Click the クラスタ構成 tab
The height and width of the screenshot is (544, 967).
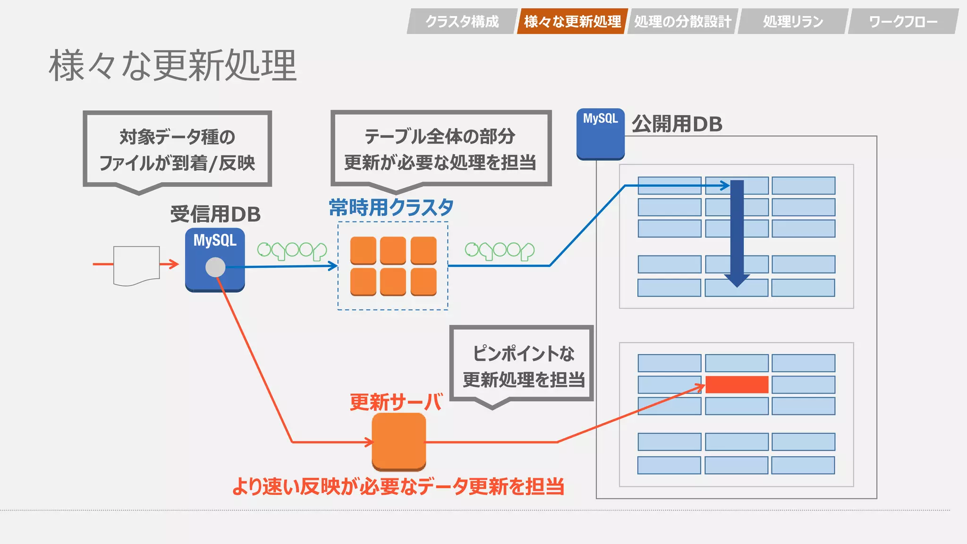(x=462, y=21)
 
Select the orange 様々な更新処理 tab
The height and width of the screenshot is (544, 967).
(x=572, y=21)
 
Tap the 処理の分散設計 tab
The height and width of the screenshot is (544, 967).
(x=682, y=21)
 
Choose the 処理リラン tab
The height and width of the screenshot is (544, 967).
(x=793, y=21)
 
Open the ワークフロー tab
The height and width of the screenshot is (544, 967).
(x=903, y=21)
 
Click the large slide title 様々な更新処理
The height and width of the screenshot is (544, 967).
(x=173, y=66)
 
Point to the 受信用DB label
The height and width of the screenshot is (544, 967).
(x=215, y=214)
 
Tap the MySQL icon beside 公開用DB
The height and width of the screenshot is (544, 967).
(x=600, y=134)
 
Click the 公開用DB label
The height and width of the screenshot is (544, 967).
(x=677, y=124)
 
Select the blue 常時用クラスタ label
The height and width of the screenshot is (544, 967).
(x=391, y=207)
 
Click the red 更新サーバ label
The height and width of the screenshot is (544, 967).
(x=396, y=402)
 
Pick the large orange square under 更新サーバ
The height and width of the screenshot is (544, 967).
(x=399, y=442)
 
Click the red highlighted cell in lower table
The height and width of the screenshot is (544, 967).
(x=737, y=384)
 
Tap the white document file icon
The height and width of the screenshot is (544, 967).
(x=136, y=265)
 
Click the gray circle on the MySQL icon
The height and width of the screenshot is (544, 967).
(x=215, y=267)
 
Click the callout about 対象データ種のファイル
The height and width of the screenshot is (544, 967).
(x=177, y=149)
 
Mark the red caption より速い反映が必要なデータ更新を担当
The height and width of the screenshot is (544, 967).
(x=398, y=486)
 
